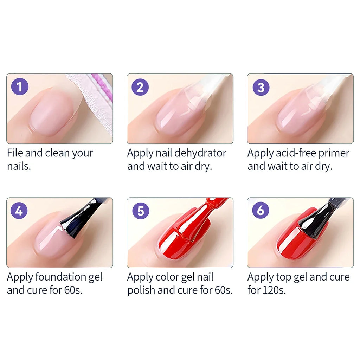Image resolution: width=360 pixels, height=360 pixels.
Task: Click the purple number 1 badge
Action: tap(20, 87)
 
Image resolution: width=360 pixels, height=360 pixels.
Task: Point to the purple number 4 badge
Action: tap(19, 211)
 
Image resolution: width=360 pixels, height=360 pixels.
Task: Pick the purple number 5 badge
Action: tap(141, 211)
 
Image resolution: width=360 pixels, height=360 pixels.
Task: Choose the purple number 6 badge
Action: tap(261, 211)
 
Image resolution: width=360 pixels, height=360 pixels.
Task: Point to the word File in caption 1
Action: tap(15, 153)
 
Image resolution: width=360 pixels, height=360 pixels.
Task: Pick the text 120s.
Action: tap(274, 291)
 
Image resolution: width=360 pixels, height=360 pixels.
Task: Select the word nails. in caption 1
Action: tap(19, 166)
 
